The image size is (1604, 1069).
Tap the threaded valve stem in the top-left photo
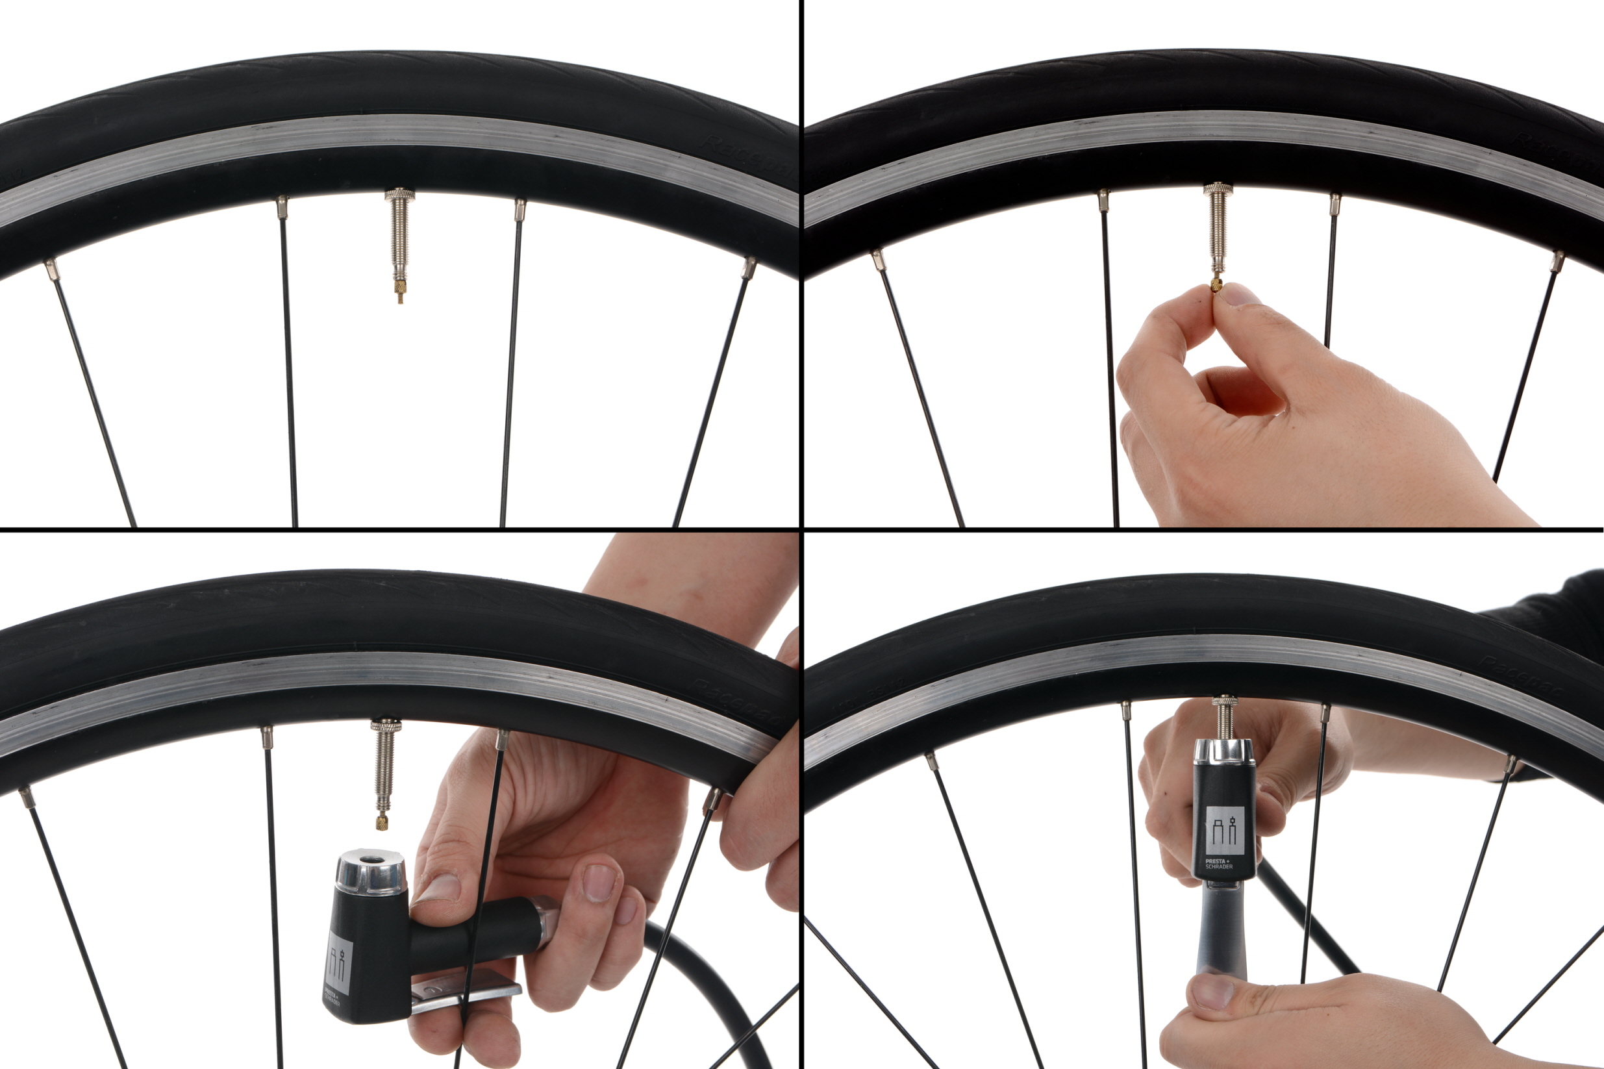point(399,232)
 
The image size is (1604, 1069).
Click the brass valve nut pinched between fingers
point(1216,284)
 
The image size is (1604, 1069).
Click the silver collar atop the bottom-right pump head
point(1223,751)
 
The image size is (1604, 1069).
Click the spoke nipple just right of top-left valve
point(520,209)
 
